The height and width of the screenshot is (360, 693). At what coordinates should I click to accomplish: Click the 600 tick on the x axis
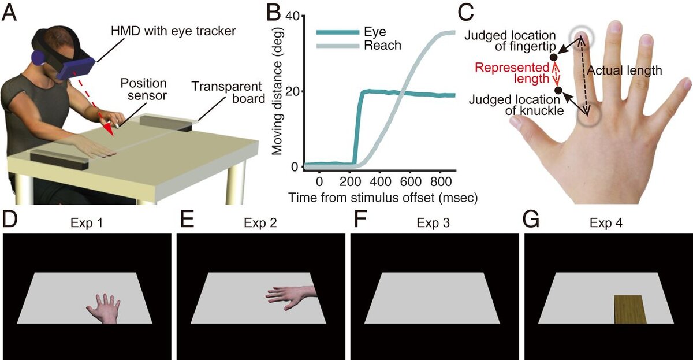tap(409, 180)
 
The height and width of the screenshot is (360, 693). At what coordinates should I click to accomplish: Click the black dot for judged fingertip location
tap(554, 57)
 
